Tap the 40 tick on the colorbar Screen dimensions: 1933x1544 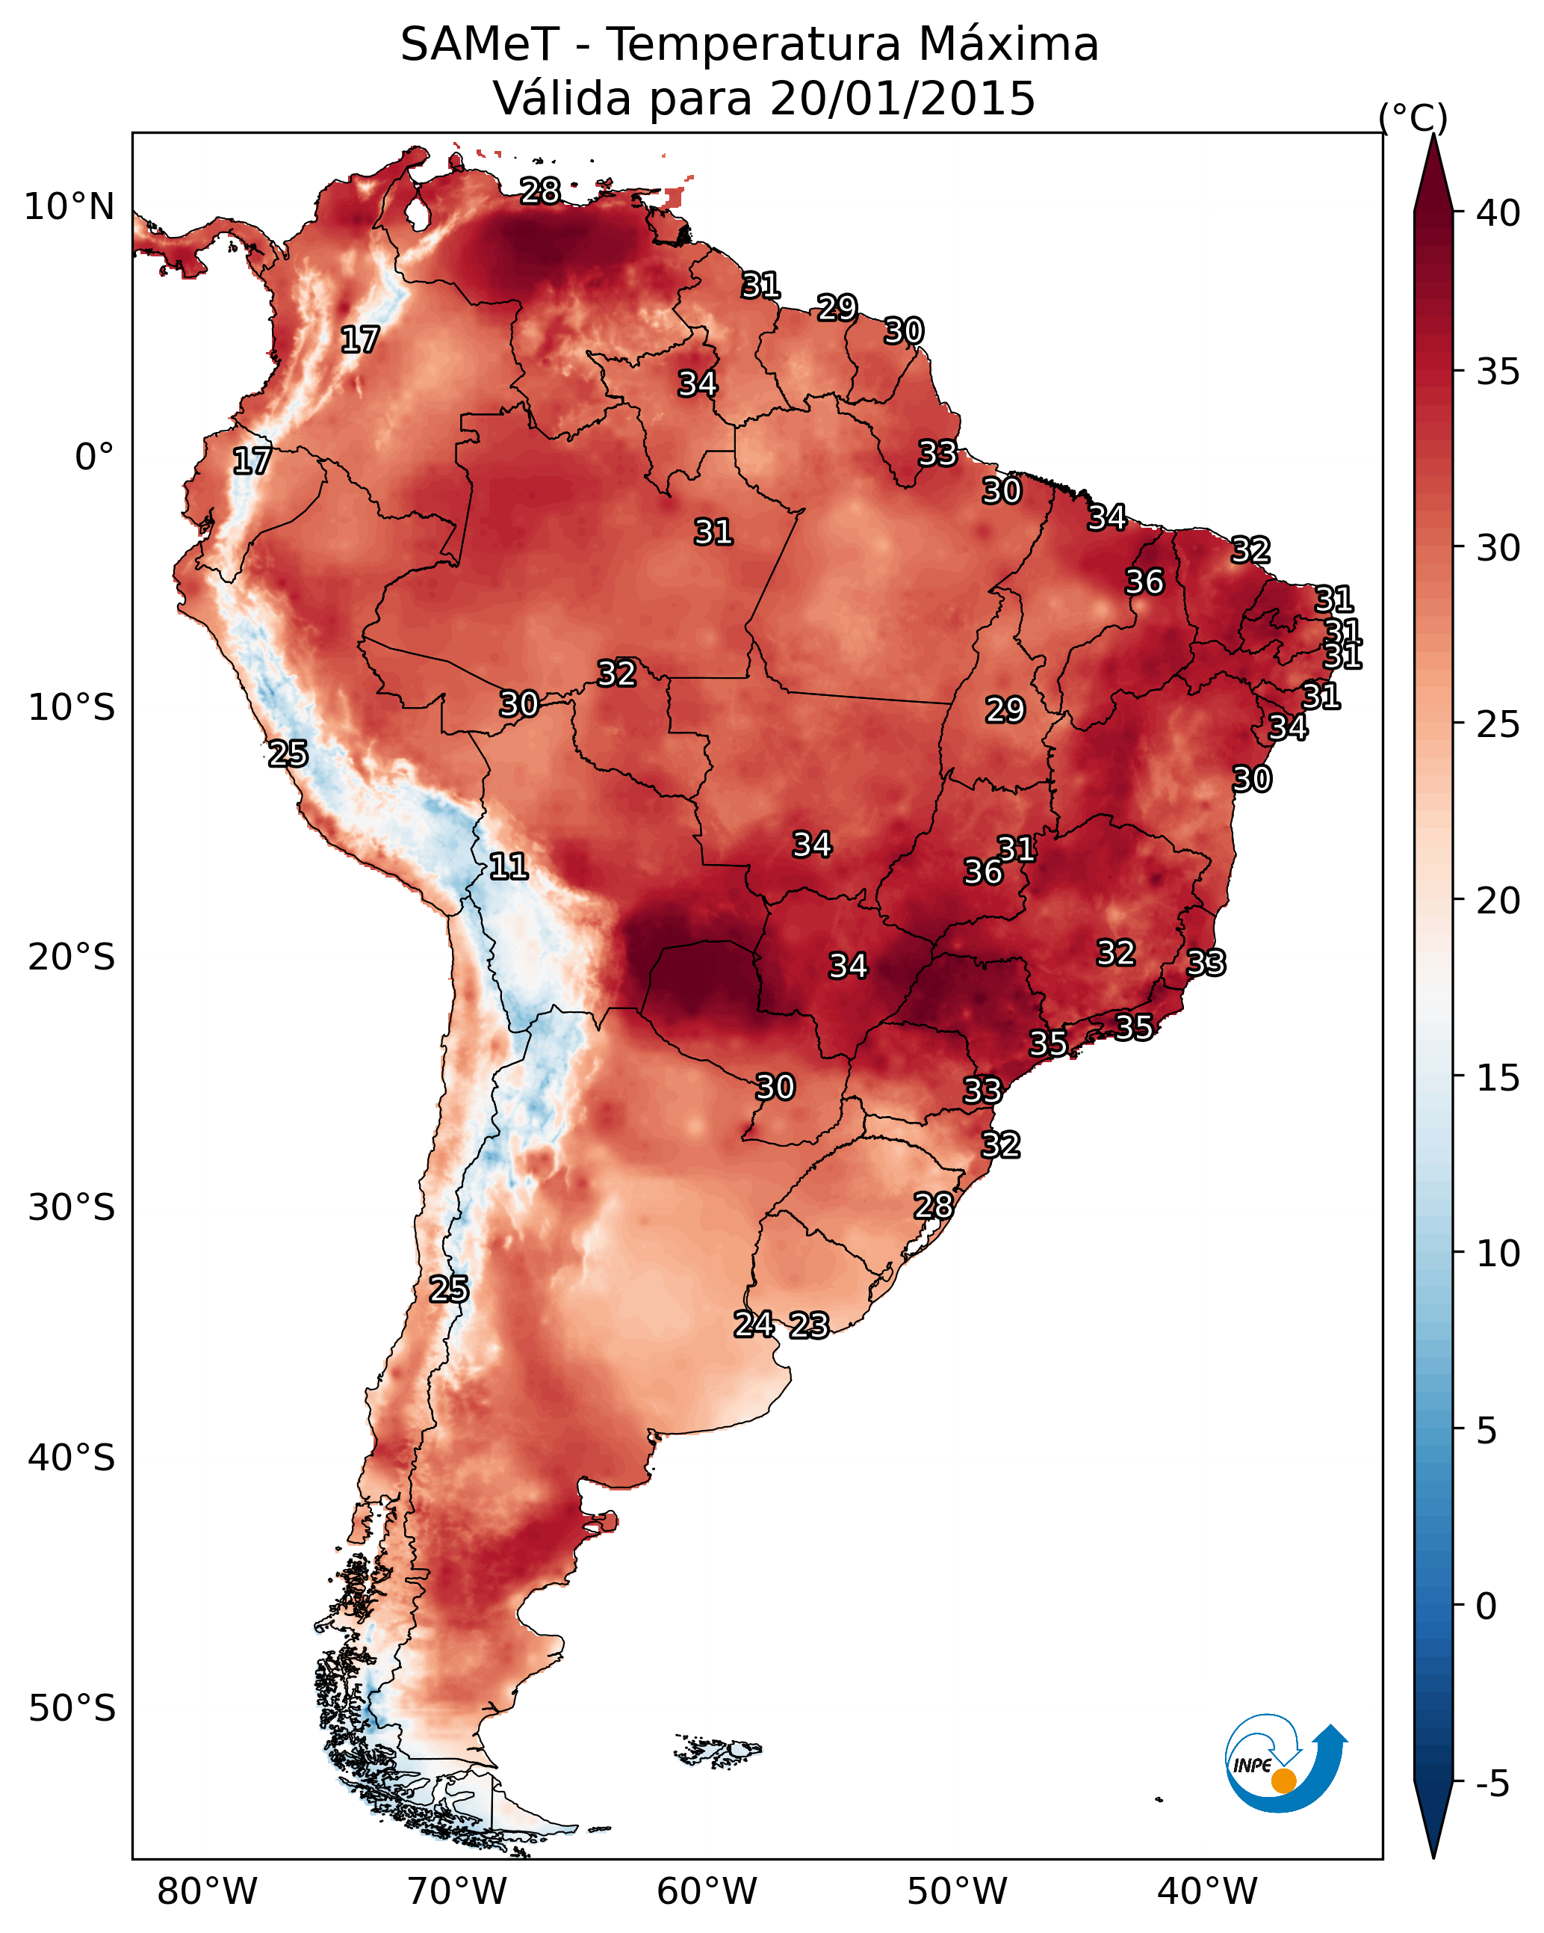[1498, 213]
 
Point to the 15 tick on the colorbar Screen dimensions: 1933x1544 [1498, 1077]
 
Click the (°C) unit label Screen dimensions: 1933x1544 [1413, 117]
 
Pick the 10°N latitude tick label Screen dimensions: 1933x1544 [69, 207]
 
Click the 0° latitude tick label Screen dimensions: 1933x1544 [94, 457]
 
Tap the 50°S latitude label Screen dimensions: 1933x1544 [72, 1709]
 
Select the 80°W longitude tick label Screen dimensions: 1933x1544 [207, 1892]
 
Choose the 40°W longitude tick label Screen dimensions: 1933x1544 [1207, 1892]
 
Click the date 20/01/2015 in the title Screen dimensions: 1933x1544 [902, 99]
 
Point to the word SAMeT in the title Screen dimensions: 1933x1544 [480, 45]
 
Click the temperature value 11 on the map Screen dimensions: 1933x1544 [508, 866]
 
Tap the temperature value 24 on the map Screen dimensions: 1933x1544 [754, 1325]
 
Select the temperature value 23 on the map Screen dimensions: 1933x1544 [809, 1326]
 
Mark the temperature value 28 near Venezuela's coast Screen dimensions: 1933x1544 [540, 191]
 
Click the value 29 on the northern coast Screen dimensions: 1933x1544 [837, 307]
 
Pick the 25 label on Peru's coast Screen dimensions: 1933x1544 [288, 754]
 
